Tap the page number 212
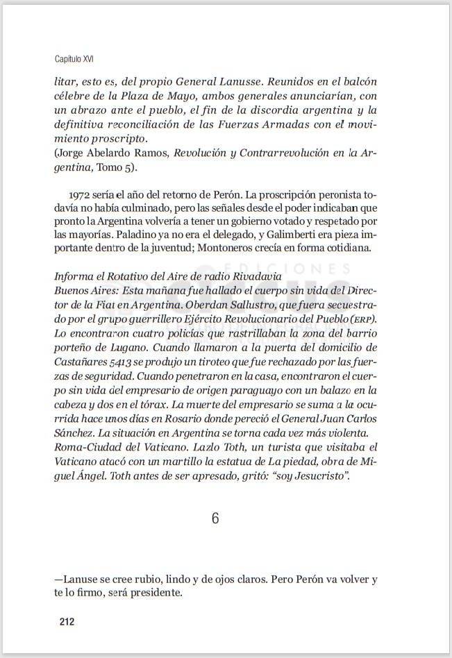click(x=67, y=621)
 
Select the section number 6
click(x=215, y=518)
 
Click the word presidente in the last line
click(x=157, y=593)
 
